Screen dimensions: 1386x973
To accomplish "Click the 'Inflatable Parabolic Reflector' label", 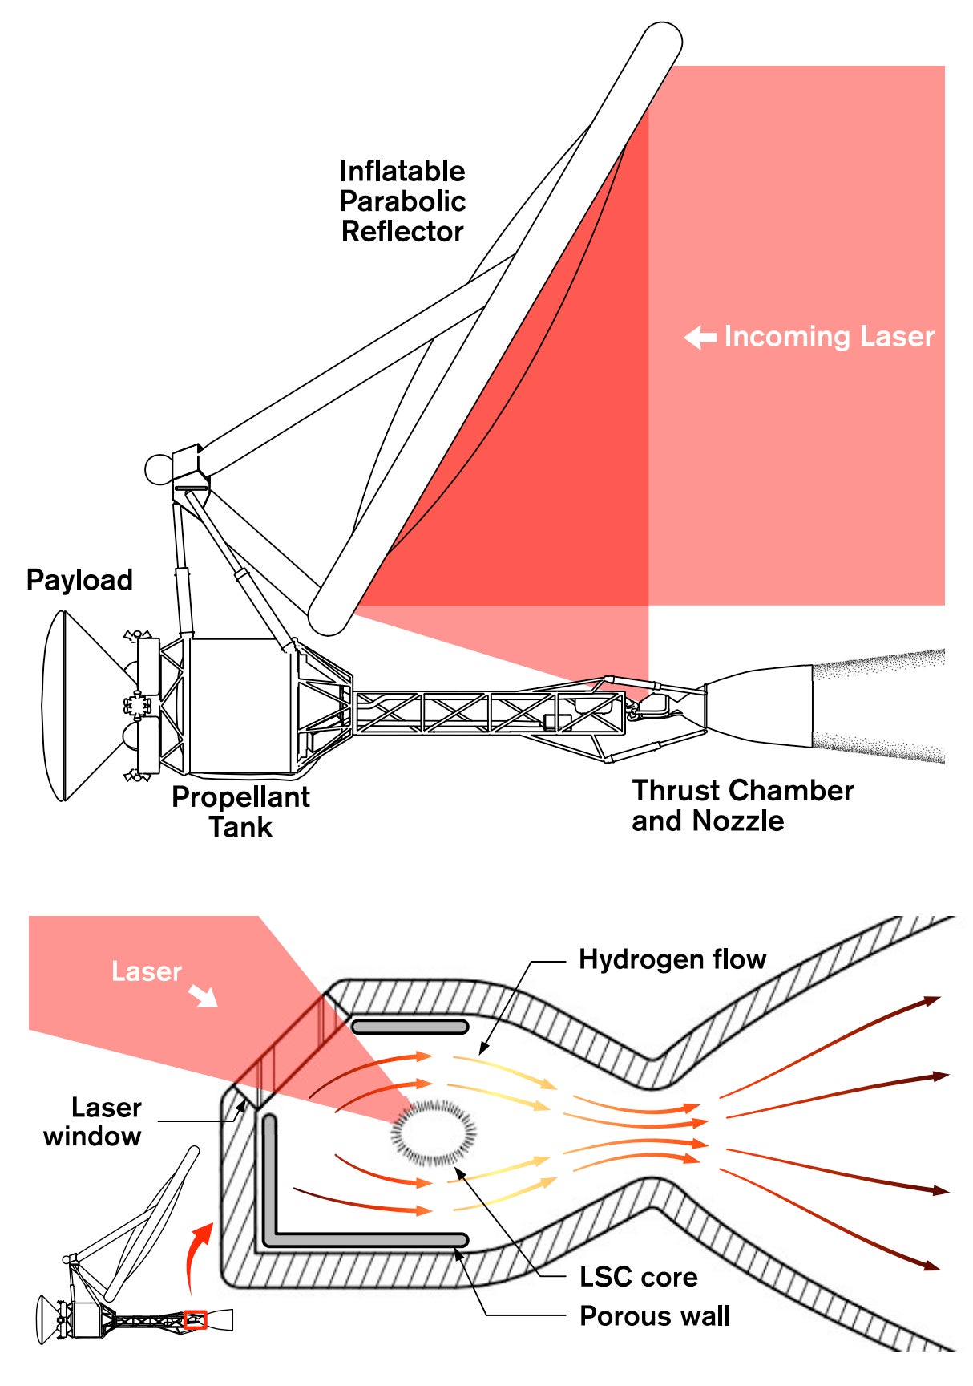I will click(x=402, y=201).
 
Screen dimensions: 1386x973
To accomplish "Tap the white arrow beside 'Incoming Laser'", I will click(x=700, y=338).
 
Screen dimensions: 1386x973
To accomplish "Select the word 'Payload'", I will click(x=79, y=580).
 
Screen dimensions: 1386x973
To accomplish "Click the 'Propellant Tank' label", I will click(x=240, y=812).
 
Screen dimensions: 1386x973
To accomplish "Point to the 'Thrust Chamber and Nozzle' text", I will click(x=742, y=805).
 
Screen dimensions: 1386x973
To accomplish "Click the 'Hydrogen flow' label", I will click(x=672, y=959).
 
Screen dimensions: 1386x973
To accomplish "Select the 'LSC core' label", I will click(x=638, y=1277).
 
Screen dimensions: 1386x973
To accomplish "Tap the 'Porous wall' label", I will click(x=655, y=1316).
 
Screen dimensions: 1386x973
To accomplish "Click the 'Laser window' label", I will click(x=94, y=1121).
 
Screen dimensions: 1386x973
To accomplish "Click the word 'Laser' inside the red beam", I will click(x=147, y=971).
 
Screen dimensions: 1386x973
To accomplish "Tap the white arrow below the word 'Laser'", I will click(x=204, y=997).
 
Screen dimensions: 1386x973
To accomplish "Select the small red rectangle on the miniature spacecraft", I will click(x=196, y=1319).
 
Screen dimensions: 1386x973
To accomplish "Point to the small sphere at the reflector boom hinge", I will click(x=158, y=470).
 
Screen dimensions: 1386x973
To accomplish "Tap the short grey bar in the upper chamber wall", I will click(x=410, y=1027).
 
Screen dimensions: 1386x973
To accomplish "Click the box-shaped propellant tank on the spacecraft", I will click(x=235, y=706).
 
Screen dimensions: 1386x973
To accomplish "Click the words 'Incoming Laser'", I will click(x=829, y=337).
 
